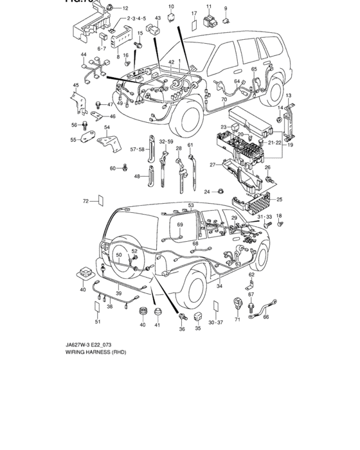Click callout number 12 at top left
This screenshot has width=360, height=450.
pyautogui.click(x=125, y=8)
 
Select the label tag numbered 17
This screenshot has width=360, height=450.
pyautogui.click(x=194, y=26)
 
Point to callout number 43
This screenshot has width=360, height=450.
pyautogui.click(x=157, y=17)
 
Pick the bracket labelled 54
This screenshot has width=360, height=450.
pyautogui.click(x=107, y=141)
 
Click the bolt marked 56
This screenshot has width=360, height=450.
pyautogui.click(x=85, y=125)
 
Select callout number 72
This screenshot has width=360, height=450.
pyautogui.click(x=85, y=201)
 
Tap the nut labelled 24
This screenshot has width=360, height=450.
pyautogui.click(x=220, y=192)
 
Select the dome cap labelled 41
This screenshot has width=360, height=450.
pyautogui.click(x=157, y=312)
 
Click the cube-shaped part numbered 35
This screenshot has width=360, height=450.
pyautogui.click(x=198, y=316)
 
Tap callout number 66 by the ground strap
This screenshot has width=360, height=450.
pyautogui.click(x=265, y=317)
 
